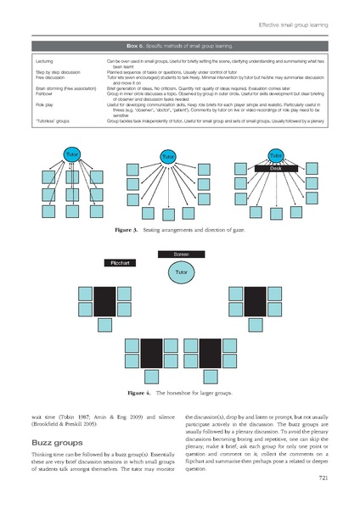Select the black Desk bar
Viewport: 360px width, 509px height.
[x=277, y=170]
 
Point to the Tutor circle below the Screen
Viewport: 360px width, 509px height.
[x=180, y=273]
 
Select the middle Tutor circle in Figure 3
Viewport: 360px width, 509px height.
[x=168, y=158]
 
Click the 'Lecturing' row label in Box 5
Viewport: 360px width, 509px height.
[x=47, y=62]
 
